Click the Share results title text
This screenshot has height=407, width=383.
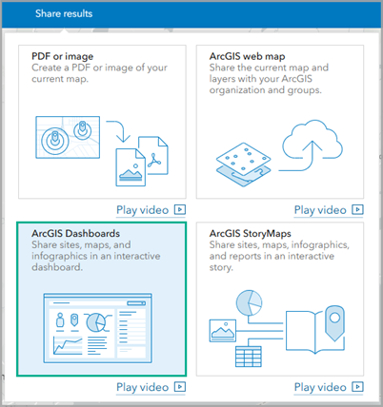64,13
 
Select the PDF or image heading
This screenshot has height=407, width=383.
63,56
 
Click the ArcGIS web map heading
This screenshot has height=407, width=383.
248,56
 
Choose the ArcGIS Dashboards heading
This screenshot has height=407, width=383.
76,234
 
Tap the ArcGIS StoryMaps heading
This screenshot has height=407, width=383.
251,234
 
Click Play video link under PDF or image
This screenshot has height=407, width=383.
151,210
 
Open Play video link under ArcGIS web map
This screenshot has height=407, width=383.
329,210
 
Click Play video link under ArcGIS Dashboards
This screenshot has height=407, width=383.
151,387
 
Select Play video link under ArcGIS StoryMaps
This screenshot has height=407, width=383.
329,387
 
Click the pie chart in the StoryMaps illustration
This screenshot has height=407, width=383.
250,302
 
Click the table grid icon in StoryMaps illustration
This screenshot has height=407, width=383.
249,357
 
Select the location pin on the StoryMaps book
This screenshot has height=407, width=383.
334,322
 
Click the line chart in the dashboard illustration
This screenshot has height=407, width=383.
68,346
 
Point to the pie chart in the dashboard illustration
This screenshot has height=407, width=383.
96,322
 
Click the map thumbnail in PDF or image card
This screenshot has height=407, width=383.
68,137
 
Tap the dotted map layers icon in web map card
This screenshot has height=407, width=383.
244,165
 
